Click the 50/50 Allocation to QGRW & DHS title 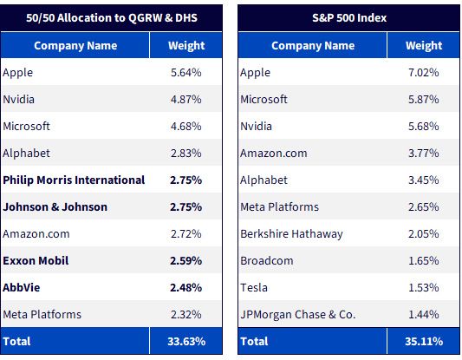click(112, 17)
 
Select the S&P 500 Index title click(349, 17)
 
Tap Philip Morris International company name click(74, 180)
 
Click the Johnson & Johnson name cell click(55, 207)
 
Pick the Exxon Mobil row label click(36, 260)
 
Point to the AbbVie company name click(21, 287)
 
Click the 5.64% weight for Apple click(186, 73)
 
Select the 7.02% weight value click(424, 73)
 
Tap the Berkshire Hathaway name click(291, 234)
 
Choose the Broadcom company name click(267, 260)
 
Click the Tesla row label click(254, 287)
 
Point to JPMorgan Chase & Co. click(298, 315)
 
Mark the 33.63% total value click(186, 342)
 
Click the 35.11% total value click(424, 342)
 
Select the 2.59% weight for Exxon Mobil click(185, 260)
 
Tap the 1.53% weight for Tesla click(424, 287)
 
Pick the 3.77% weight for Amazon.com click(424, 154)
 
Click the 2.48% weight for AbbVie click(185, 287)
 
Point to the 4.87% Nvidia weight click(186, 100)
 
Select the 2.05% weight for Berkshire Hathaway click(424, 234)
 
